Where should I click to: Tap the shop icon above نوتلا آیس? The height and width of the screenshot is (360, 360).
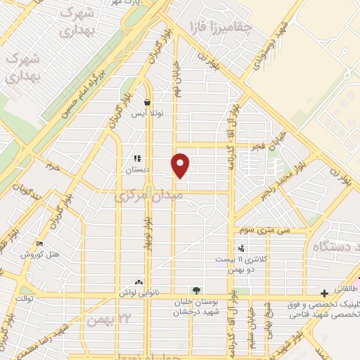(148, 101)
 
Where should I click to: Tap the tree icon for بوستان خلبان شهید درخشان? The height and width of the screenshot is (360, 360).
(196, 290)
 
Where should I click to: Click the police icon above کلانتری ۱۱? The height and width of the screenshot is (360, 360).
(242, 248)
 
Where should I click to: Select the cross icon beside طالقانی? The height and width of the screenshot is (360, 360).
(324, 292)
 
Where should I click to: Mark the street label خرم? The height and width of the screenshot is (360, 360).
(53, 167)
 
